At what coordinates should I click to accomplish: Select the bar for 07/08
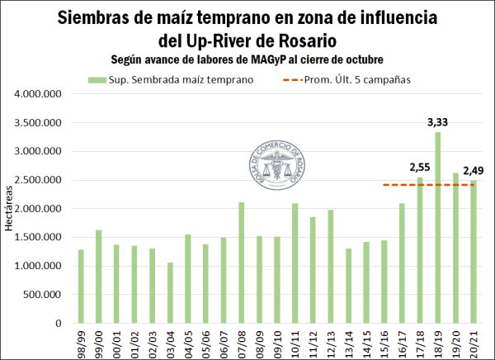click(242, 263)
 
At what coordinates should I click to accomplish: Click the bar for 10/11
click(295, 263)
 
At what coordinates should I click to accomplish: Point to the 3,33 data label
click(437, 122)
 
